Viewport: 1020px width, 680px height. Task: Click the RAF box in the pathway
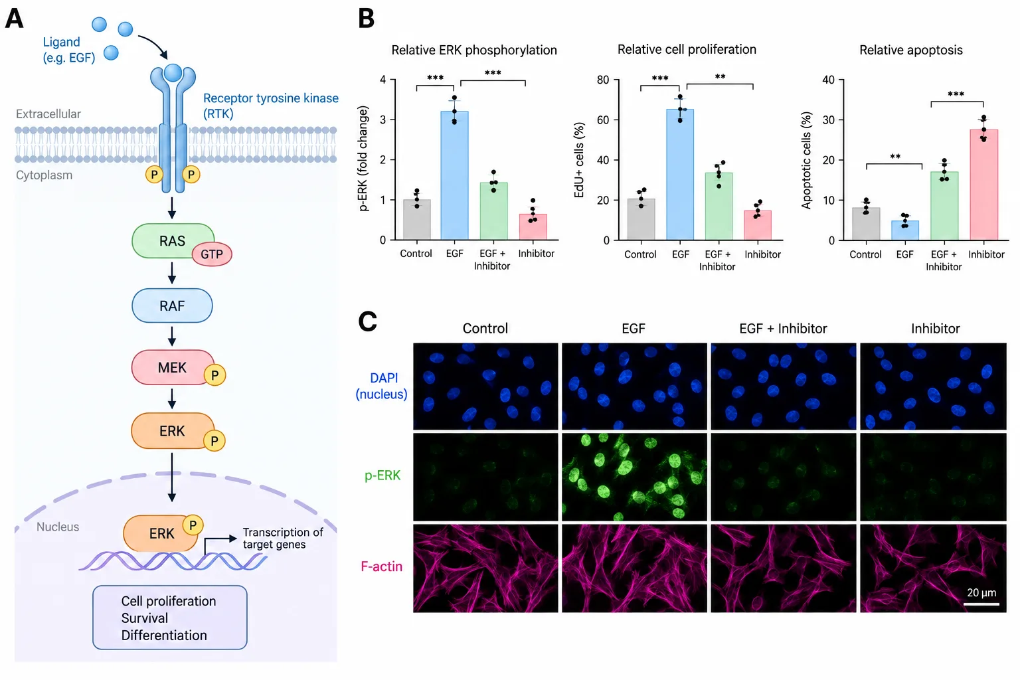pos(172,305)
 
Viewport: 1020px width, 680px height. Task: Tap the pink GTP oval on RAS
pos(212,254)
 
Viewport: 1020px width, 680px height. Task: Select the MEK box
pos(172,367)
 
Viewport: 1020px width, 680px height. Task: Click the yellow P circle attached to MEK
pos(215,375)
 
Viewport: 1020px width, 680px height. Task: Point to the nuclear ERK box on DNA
pos(161,533)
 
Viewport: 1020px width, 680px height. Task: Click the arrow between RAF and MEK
pos(172,336)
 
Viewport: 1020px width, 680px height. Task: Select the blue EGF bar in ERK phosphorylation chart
pos(454,175)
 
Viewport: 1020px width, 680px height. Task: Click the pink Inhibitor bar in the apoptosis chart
pos(984,185)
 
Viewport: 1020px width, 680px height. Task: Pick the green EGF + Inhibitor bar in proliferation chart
pos(719,207)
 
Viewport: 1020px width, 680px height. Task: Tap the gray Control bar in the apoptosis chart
pos(866,224)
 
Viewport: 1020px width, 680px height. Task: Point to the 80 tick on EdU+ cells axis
pos(603,80)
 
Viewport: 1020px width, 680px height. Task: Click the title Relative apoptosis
pos(910,50)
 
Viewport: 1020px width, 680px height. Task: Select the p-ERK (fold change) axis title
pos(363,159)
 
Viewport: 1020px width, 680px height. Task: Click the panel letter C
pos(367,321)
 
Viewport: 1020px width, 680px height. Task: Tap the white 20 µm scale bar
pos(981,604)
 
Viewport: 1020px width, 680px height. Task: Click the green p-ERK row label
pos(382,475)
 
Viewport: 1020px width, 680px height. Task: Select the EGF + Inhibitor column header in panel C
pos(783,329)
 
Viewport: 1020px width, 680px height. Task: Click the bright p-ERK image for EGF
pos(634,477)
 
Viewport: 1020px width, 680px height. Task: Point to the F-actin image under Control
pos(485,568)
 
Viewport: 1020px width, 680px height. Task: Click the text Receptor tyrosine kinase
pos(271,98)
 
